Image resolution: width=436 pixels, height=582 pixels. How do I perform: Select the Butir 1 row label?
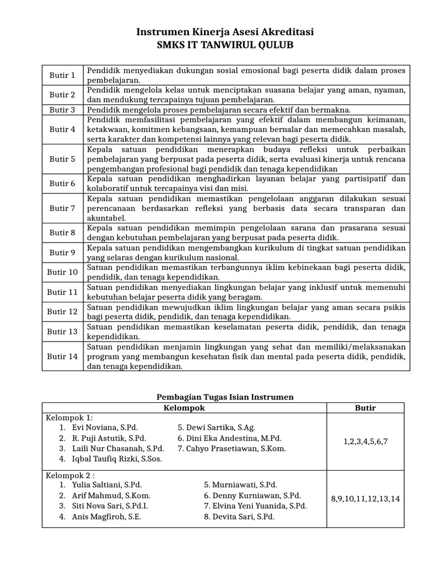click(x=62, y=75)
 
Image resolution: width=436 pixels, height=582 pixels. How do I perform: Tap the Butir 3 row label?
click(x=62, y=110)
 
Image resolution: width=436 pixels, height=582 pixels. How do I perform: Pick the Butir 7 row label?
click(x=62, y=208)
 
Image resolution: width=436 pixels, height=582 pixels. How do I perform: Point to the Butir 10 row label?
click(x=62, y=272)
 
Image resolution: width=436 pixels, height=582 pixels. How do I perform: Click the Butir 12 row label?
click(x=62, y=311)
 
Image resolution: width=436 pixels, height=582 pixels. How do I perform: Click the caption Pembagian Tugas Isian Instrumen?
click(x=225, y=397)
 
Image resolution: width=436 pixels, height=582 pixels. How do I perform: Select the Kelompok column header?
click(x=184, y=408)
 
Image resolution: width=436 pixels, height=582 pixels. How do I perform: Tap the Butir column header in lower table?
click(x=366, y=408)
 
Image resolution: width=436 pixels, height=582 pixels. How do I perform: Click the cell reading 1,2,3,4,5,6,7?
click(x=366, y=441)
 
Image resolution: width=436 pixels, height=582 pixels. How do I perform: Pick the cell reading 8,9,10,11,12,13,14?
click(x=366, y=498)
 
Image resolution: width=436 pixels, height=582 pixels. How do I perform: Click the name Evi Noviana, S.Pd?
click(x=104, y=427)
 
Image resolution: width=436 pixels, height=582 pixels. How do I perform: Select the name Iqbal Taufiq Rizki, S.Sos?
click(x=117, y=459)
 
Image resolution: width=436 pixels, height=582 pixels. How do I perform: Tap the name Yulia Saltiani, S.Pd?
click(x=107, y=485)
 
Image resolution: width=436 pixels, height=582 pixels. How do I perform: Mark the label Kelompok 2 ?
click(x=70, y=475)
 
